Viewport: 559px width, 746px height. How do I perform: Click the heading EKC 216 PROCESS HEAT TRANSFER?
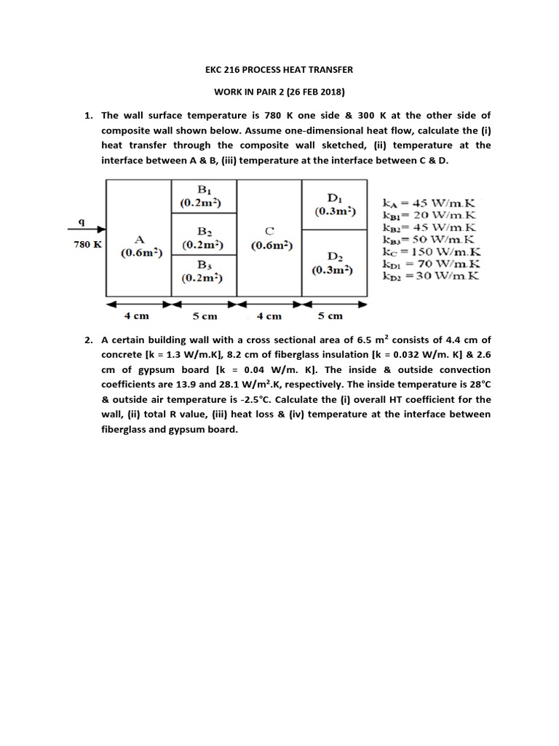click(279, 69)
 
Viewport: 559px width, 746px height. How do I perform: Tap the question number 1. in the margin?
click(88, 116)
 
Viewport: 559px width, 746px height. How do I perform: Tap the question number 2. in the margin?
click(88, 339)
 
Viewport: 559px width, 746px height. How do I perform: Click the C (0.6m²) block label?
click(269, 239)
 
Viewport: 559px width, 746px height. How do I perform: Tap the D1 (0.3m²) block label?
click(335, 204)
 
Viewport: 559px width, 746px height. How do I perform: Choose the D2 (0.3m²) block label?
click(335, 263)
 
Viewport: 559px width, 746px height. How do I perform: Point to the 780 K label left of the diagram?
click(87, 245)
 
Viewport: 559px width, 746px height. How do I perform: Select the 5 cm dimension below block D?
click(330, 316)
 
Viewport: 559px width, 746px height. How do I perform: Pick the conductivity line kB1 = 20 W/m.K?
click(430, 215)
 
